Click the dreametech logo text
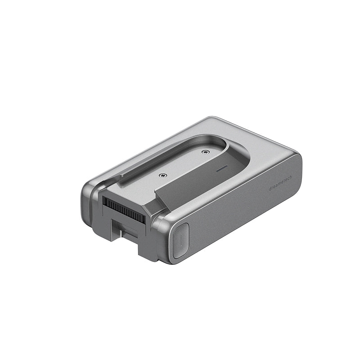280,183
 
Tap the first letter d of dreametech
270,189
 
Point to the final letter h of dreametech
291,177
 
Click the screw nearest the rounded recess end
206,152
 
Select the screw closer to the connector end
163,175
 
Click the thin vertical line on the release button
181,240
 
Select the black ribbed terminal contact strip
124,211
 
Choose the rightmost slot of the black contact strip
144,220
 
